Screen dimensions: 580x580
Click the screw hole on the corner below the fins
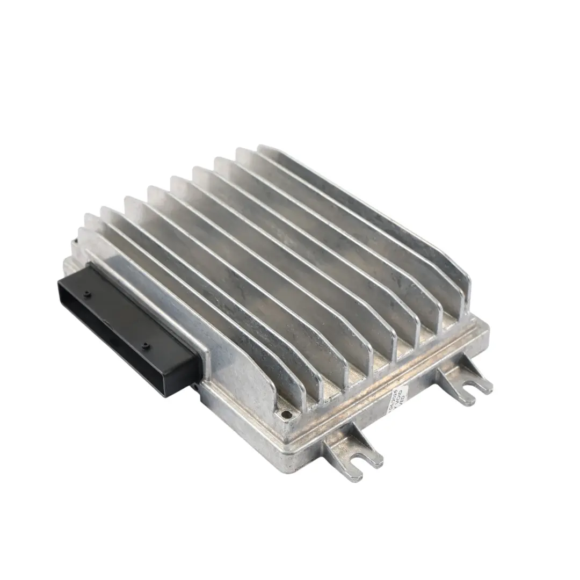[285, 414]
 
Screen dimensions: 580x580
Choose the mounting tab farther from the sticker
[465, 379]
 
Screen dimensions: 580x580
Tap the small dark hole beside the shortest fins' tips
[285, 414]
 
